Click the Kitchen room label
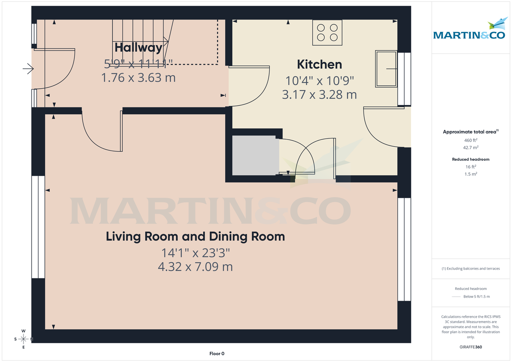pos(319,64)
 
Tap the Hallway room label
pos(138,47)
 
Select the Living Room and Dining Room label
pos(195,236)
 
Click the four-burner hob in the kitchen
pos(327,32)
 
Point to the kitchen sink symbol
pos(386,69)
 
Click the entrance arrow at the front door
pos(28,68)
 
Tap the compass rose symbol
pos(23,339)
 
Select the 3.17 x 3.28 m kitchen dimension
pos(319,94)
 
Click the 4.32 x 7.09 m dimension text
pos(195,267)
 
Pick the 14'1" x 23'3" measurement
pos(195,253)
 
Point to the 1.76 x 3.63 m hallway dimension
pos(138,78)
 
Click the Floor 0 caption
pos(217,353)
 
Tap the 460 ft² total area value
pos(471,140)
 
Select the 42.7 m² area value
pos(471,148)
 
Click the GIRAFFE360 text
pos(471,347)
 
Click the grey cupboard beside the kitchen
pos(255,155)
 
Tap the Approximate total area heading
pos(470,132)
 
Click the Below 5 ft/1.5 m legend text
pos(477,297)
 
